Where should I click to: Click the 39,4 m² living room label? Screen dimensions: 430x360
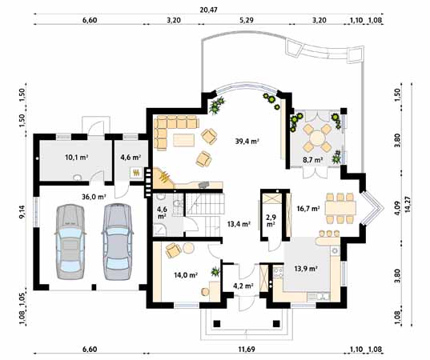coord(247,142)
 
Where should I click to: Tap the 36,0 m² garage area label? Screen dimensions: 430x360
coord(94,197)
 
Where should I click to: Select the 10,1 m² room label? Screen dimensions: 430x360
coord(76,158)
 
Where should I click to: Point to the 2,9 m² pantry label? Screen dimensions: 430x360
coord(271,221)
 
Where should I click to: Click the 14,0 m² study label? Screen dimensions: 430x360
coord(186,274)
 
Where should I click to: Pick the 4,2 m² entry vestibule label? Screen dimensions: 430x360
coord(243,286)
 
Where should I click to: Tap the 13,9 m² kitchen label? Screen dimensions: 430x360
coord(306,269)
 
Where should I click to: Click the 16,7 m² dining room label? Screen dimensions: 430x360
coord(308,209)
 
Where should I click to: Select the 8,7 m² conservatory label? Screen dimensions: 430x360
coord(312,160)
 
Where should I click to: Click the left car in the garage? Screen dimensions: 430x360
coord(70,242)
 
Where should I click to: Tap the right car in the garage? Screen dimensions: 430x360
coord(118,242)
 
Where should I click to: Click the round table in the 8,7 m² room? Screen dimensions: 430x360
coord(318,138)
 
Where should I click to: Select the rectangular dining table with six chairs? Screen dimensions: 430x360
coord(340,208)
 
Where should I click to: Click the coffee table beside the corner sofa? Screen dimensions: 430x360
coord(183,140)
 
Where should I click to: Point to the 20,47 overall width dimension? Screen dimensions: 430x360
coord(208,10)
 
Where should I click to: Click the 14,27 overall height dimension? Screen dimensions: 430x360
coord(412,204)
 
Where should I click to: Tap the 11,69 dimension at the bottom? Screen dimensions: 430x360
coord(247,350)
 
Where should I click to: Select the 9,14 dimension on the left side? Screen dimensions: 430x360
coord(22,211)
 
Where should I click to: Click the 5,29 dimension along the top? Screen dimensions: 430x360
coord(247,20)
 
